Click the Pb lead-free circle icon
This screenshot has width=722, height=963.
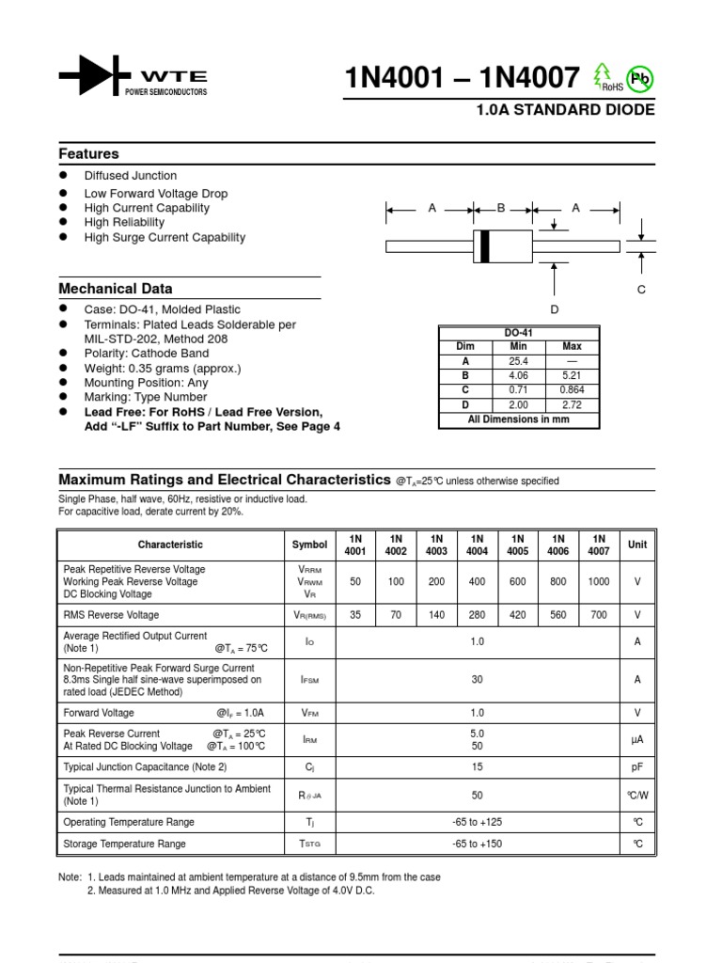pyautogui.click(x=639, y=80)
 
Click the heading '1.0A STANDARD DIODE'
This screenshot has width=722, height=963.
pyautogui.click(x=566, y=110)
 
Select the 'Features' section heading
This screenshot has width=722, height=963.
pyautogui.click(x=89, y=153)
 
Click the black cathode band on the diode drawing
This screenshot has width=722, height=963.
pyautogui.click(x=485, y=246)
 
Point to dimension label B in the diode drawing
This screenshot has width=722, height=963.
pyautogui.click(x=501, y=208)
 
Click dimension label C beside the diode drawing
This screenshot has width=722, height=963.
pyautogui.click(x=642, y=290)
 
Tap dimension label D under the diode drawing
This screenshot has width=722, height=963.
pyautogui.click(x=555, y=309)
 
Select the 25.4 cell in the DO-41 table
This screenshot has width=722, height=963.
pyautogui.click(x=518, y=361)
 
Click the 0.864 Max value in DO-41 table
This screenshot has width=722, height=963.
pyautogui.click(x=572, y=389)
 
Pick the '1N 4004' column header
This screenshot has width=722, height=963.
pyautogui.click(x=477, y=545)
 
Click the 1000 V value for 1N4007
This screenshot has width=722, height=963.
pyautogui.click(x=598, y=582)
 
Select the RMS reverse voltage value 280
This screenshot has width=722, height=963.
pyautogui.click(x=477, y=615)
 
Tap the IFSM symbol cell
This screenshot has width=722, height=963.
pyautogui.click(x=309, y=679)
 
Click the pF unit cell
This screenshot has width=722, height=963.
pyautogui.click(x=637, y=767)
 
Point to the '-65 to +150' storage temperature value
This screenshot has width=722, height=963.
pyautogui.click(x=477, y=844)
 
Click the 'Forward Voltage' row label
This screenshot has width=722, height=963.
pyautogui.click(x=99, y=713)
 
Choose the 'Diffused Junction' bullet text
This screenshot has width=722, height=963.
pyautogui.click(x=131, y=176)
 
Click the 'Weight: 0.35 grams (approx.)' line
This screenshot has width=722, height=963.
pyautogui.click(x=163, y=369)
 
